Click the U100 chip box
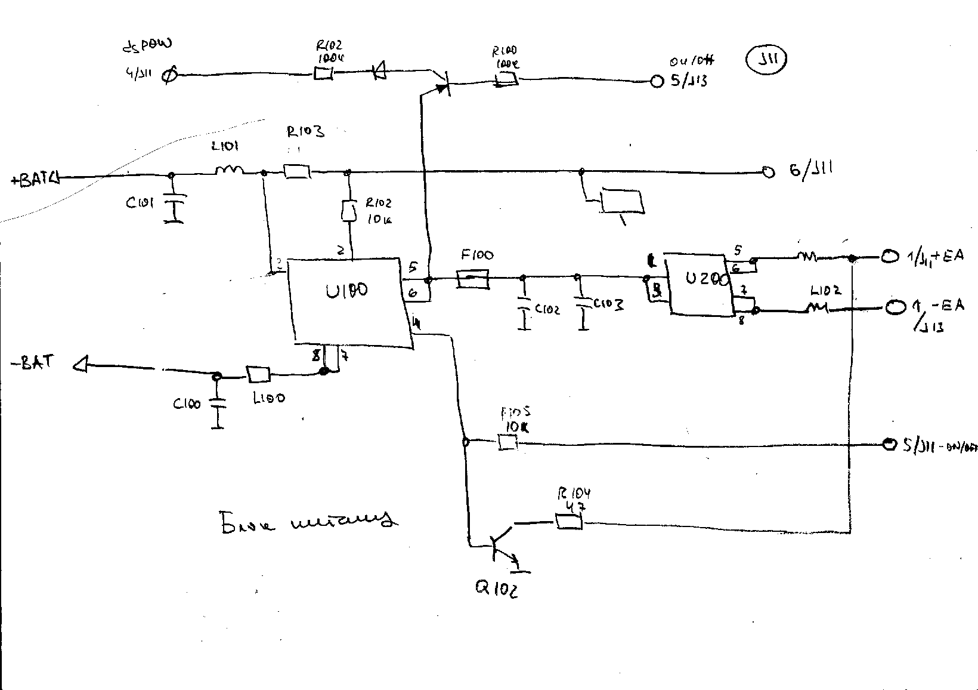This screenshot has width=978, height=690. (349, 301)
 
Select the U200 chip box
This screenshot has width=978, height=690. (699, 284)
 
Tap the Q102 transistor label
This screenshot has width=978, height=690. (496, 589)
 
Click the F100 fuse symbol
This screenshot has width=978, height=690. (473, 278)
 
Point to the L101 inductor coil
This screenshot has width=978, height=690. (229, 171)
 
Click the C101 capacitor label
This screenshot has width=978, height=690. (140, 203)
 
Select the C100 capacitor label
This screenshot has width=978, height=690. (187, 404)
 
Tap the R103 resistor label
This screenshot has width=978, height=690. (305, 131)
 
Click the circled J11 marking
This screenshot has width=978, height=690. (766, 61)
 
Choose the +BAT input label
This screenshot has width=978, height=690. (33, 178)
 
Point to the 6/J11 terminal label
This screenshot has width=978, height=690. (810, 170)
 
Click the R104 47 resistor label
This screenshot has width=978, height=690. (574, 499)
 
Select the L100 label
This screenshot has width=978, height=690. (269, 398)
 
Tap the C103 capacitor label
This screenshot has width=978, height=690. (608, 304)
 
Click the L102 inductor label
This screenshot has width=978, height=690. (826, 291)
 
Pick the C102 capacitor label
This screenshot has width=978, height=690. (547, 310)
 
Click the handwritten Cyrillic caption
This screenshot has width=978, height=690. (307, 520)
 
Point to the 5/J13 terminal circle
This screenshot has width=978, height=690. (657, 82)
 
